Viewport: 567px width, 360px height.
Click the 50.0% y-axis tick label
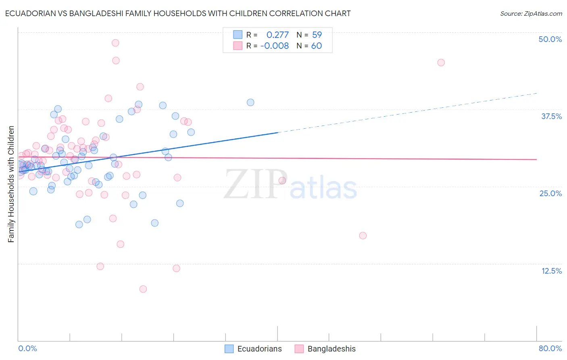pyautogui.click(x=550, y=39)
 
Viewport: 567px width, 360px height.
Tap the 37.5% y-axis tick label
pyautogui.click(x=551, y=116)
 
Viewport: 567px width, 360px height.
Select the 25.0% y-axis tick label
pyautogui.click(x=550, y=193)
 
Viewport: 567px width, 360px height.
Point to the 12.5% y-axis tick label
pyautogui.click(x=551, y=271)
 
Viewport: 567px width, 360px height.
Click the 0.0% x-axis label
pyautogui.click(x=27, y=348)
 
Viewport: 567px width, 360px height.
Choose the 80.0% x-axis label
pyautogui.click(x=550, y=348)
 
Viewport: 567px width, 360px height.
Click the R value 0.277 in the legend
pyautogui.click(x=277, y=35)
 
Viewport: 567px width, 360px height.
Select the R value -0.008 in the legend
pyautogui.click(x=274, y=46)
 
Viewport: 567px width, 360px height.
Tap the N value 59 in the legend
pyautogui.click(x=317, y=35)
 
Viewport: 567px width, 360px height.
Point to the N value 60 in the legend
pyautogui.click(x=317, y=46)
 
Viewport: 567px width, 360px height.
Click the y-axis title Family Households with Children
pyautogui.click(x=11, y=184)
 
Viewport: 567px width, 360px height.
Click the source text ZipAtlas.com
pyautogui.click(x=531, y=14)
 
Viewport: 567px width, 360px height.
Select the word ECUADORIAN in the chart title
pyautogui.click(x=31, y=13)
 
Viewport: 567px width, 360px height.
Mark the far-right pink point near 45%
pyautogui.click(x=441, y=63)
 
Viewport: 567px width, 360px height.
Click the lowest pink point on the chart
pyautogui.click(x=143, y=289)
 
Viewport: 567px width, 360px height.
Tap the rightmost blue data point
pyautogui.click(x=250, y=103)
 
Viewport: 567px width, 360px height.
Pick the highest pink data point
pyautogui.click(x=115, y=43)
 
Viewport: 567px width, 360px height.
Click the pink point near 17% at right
pyautogui.click(x=363, y=236)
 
